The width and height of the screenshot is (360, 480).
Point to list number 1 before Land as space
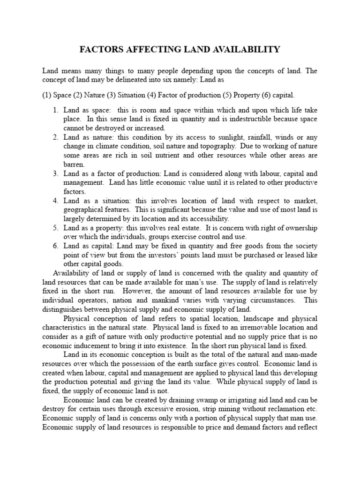coord(55,110)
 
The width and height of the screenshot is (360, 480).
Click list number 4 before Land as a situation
coord(55,201)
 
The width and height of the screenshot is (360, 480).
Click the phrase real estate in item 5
coord(182,228)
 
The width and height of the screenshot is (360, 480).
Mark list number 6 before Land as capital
coord(55,246)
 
